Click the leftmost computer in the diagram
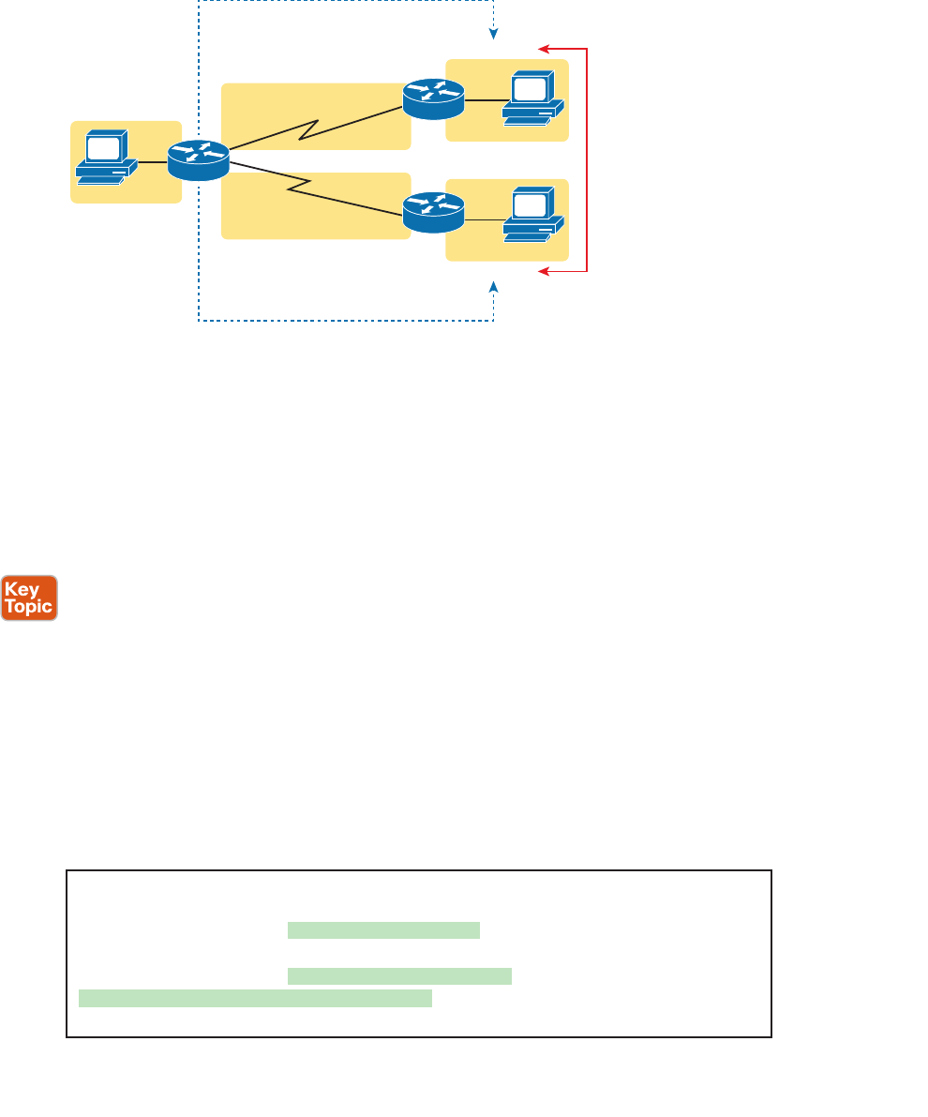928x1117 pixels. coord(106,157)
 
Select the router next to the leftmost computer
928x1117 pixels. coord(199,160)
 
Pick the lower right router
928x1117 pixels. coord(433,213)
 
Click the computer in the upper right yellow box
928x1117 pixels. coord(532,98)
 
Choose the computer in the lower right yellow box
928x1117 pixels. coord(532,214)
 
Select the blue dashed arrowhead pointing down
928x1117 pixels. coord(494,36)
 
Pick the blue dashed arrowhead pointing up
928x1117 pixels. coord(494,283)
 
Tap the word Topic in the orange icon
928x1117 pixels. coord(29,607)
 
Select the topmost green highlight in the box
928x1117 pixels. coord(383,930)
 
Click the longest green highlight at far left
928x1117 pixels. coord(255,997)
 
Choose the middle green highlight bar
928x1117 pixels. coord(399,976)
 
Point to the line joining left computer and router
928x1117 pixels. coord(153,161)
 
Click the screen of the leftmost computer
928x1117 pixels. coord(103,147)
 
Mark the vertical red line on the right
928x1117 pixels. coord(587,159)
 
